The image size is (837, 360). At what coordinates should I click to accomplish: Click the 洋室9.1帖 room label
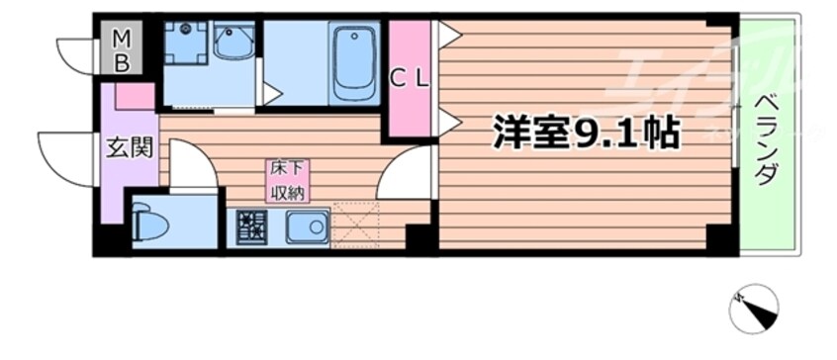click(x=585, y=134)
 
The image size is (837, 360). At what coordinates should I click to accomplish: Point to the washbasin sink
click(x=232, y=44)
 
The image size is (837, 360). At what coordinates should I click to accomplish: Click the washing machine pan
click(x=184, y=45)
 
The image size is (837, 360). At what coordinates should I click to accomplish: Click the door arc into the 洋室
click(x=406, y=173)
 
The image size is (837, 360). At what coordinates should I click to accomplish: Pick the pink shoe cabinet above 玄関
click(x=135, y=96)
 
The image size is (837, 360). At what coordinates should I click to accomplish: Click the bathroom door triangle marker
click(x=270, y=95)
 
